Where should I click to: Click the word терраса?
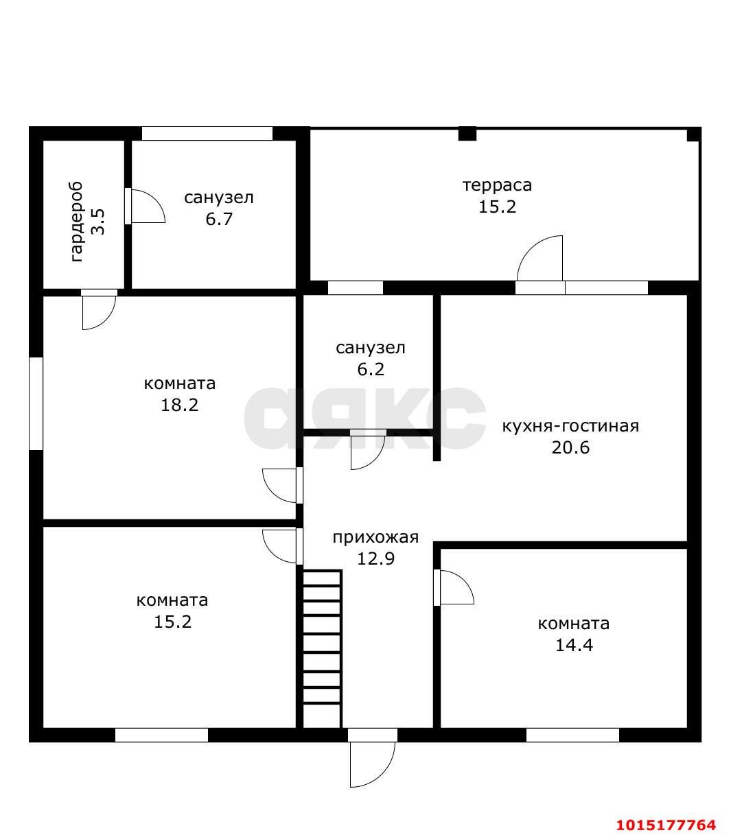point(497,185)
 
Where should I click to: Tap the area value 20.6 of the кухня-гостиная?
point(570,447)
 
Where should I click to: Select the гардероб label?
point(77,222)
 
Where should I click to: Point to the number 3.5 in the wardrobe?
point(98,222)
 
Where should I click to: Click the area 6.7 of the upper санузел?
point(219,219)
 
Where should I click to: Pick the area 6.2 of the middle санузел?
point(371,369)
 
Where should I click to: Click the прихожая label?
point(375,538)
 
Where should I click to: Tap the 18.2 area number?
point(180,405)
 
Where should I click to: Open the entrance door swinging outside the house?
point(373,758)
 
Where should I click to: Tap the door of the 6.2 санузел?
point(368,449)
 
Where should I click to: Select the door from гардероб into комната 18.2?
point(99,309)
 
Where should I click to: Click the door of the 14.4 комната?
point(454,588)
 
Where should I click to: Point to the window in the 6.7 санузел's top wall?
point(207,133)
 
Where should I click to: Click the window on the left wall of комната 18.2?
point(36,404)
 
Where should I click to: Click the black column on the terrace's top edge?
point(467,134)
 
